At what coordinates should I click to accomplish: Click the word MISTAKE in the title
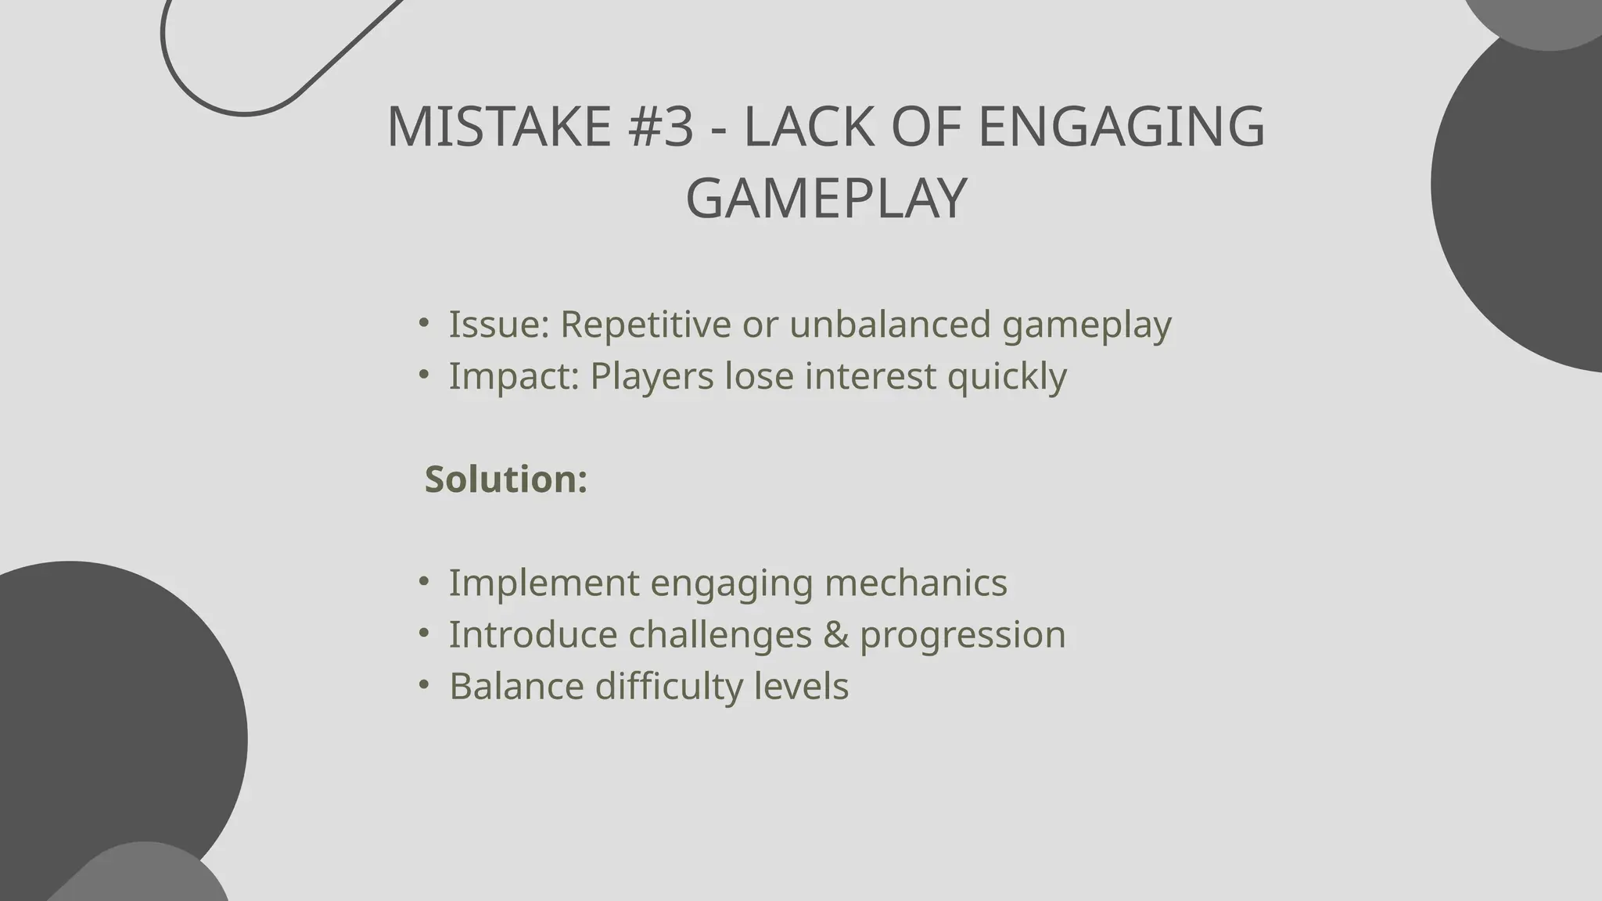498,127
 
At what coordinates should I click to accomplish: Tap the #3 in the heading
661,127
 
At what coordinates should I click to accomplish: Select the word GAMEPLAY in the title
826,199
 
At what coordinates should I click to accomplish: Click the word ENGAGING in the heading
1121,127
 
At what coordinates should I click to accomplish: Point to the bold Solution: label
506,479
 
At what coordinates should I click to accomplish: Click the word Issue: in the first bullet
498,324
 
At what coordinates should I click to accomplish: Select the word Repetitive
645,324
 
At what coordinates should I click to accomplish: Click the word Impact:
513,375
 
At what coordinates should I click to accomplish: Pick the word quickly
1007,377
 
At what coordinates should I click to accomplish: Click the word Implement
544,583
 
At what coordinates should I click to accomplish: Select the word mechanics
916,583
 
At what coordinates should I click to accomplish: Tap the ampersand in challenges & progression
836,634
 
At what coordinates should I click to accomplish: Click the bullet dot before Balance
423,684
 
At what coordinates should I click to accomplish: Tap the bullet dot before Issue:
423,321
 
